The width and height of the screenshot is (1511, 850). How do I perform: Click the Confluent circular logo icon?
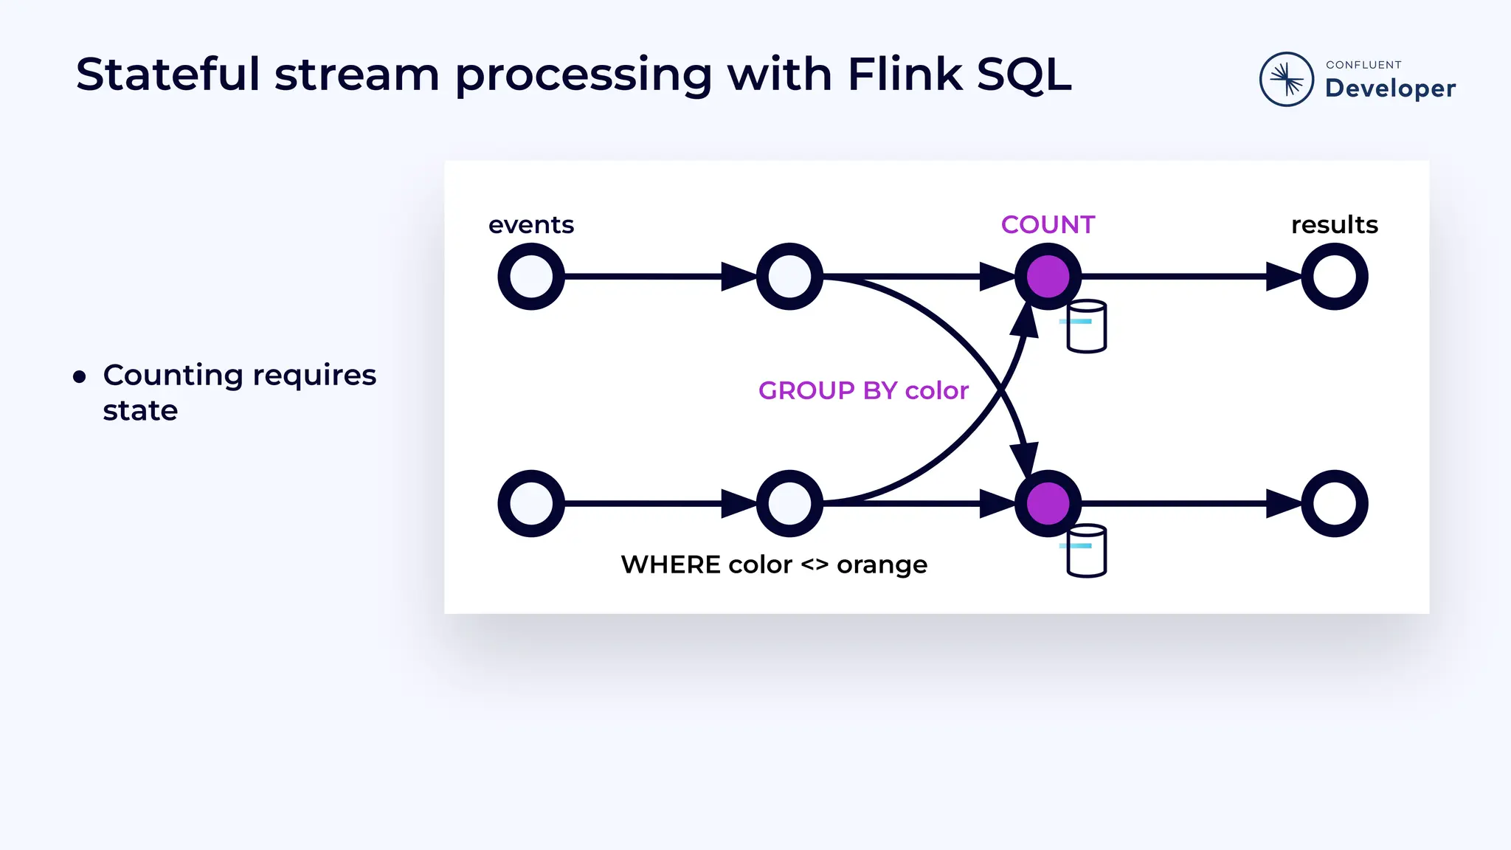tap(1286, 79)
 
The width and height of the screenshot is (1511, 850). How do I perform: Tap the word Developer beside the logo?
tap(1390, 89)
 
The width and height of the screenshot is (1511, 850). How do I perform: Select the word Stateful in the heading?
tap(167, 75)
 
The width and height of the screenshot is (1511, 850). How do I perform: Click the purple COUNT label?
tap(1048, 224)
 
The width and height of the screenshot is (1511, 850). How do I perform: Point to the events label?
tap(530, 224)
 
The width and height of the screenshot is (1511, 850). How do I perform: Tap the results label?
tap(1334, 224)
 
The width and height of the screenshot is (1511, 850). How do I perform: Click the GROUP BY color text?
tap(863, 390)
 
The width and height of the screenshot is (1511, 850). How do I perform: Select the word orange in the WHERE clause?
tap(882, 564)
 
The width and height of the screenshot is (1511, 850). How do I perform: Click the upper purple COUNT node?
tap(1048, 277)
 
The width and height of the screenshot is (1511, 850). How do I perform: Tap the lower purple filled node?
tap(1048, 503)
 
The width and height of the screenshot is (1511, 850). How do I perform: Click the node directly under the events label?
tap(531, 277)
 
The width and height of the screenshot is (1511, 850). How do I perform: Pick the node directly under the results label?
tap(1334, 277)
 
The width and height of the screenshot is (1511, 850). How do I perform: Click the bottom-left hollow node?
tap(531, 503)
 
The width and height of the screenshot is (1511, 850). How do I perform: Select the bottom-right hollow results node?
tap(1334, 503)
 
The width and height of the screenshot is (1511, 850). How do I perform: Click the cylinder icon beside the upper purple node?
tap(1087, 326)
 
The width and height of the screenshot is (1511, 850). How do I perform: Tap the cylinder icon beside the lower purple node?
tap(1087, 550)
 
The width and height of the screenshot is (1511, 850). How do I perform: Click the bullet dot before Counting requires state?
tap(80, 378)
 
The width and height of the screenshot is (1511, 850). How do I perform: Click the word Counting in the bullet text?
tap(173, 375)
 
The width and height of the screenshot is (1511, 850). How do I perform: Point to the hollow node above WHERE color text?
tap(789, 503)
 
